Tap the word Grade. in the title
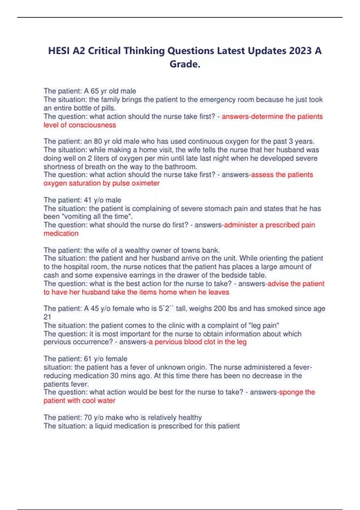tap(185, 64)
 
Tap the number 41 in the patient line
tap(88, 200)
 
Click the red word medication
tap(61, 233)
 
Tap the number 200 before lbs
tap(220, 308)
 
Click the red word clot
tap(210, 342)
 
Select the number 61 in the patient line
tap(88, 359)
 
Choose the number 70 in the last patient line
tap(88, 418)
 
